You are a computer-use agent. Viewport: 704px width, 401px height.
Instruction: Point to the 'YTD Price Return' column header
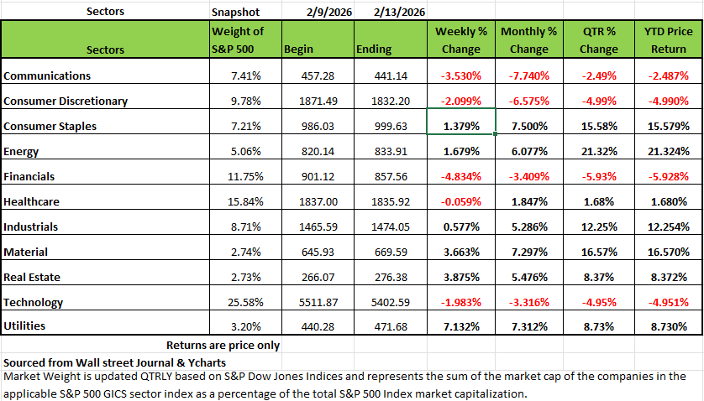tap(667, 39)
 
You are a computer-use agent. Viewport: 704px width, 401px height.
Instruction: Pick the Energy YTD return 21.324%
tap(668, 152)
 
